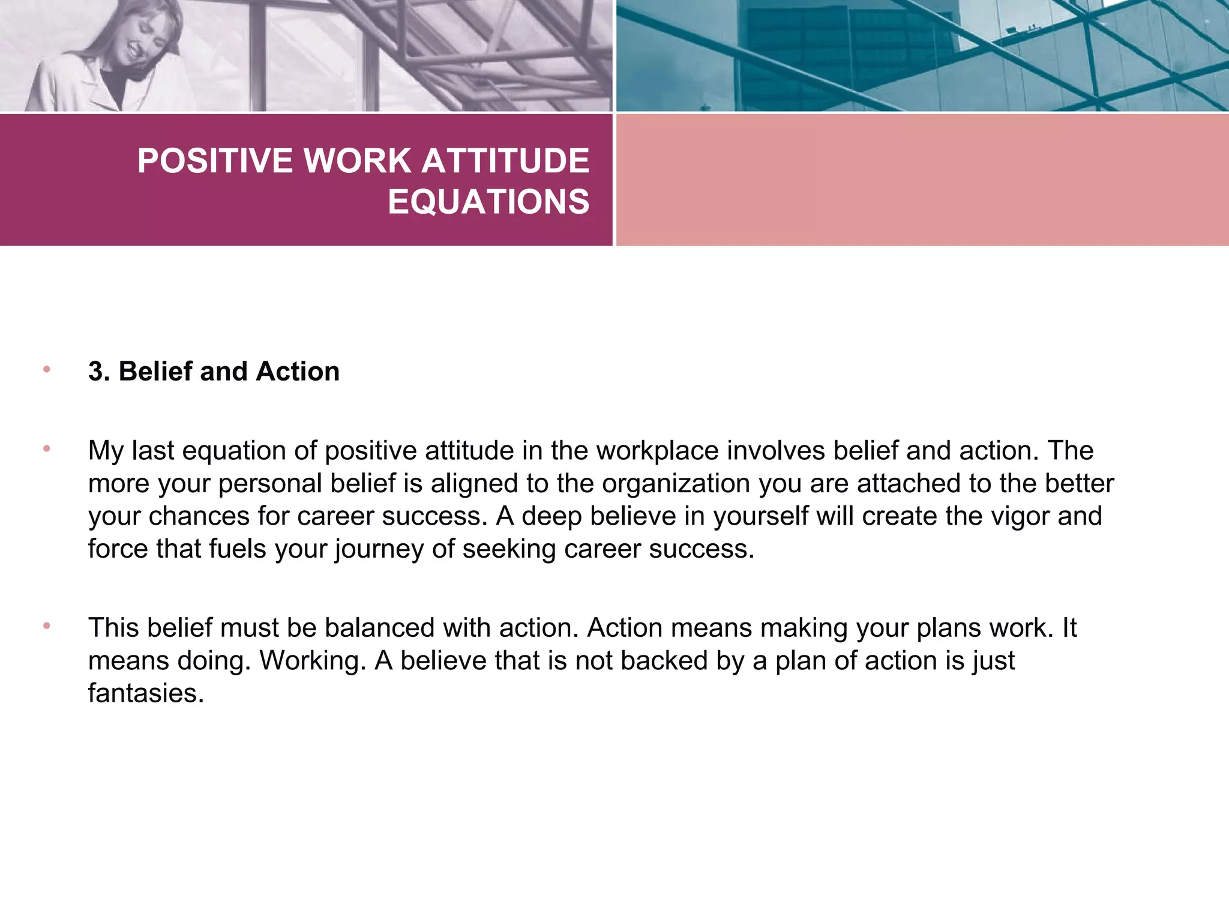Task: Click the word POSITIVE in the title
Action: [215, 161]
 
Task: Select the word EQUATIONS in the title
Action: [488, 202]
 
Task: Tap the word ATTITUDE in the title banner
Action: [506, 161]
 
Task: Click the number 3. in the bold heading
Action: [99, 372]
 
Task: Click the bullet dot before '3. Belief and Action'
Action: [47, 369]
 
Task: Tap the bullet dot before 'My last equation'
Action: [47, 448]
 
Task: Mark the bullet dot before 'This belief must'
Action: [47, 625]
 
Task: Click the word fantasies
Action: [146, 693]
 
